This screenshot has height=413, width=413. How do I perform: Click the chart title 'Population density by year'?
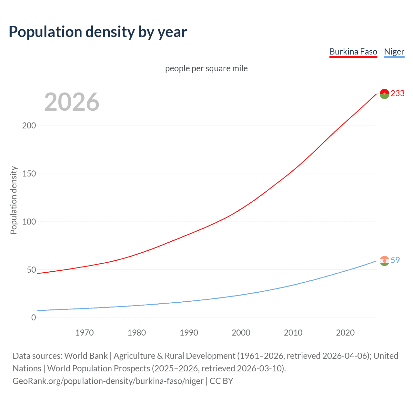[x=98, y=32]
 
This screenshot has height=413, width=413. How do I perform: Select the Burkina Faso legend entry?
[x=353, y=52]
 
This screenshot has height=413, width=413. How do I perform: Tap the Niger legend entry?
[x=394, y=52]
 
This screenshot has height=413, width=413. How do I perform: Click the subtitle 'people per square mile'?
[x=206, y=68]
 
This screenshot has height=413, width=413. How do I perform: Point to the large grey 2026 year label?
[x=72, y=102]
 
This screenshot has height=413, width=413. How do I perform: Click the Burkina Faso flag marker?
[x=384, y=94]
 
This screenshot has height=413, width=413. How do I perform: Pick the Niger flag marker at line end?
[x=384, y=261]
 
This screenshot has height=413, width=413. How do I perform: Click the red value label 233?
[x=398, y=93]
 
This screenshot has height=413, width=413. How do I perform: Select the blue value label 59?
[x=395, y=260]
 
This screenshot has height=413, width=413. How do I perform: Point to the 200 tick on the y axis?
[x=29, y=126]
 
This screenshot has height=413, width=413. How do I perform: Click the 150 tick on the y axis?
[x=29, y=174]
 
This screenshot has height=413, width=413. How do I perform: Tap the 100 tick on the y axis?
[x=29, y=222]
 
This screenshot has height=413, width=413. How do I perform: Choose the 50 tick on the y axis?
[x=31, y=270]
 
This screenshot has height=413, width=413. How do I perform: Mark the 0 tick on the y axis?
[x=34, y=318]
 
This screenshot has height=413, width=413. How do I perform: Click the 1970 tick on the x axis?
[x=85, y=333]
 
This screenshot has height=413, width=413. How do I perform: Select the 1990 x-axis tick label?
[x=189, y=333]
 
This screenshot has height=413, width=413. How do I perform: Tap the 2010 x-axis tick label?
[x=293, y=333]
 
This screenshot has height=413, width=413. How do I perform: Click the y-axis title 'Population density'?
[x=14, y=200]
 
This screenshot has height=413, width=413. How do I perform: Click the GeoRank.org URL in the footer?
[x=108, y=381]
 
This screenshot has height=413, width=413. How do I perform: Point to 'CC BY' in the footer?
[x=221, y=381]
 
